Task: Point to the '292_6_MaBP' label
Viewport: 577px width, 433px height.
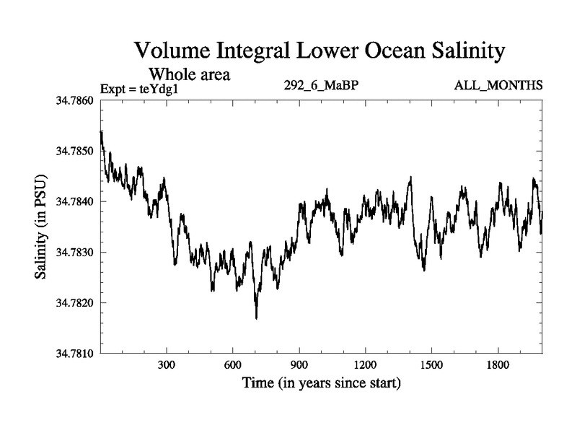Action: [x=322, y=86]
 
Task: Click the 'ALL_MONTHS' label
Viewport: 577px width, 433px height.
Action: [x=498, y=86]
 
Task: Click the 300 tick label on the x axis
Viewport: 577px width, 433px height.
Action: [x=167, y=365]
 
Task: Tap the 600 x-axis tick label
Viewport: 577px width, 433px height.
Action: [x=233, y=365]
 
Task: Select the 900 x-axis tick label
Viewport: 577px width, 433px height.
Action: [x=299, y=365]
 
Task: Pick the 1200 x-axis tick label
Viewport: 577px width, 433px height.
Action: [x=366, y=365]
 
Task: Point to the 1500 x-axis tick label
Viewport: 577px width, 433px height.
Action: [x=431, y=365]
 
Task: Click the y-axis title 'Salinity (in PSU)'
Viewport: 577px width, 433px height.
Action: [x=40, y=227]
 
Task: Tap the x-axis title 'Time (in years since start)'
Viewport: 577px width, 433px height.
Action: [x=322, y=382]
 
